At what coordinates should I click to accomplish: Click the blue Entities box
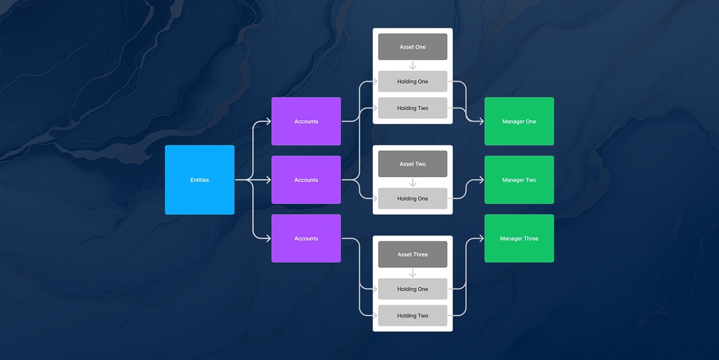(x=199, y=179)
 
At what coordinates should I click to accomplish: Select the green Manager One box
(x=519, y=121)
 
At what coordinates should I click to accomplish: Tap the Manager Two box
(x=519, y=179)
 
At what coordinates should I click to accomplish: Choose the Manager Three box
(x=519, y=238)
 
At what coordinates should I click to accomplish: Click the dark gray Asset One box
(x=412, y=47)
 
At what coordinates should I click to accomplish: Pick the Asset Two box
(x=412, y=164)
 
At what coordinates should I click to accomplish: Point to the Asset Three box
(x=412, y=254)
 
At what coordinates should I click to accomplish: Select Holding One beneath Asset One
(x=412, y=82)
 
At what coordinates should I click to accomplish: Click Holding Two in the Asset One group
(x=412, y=108)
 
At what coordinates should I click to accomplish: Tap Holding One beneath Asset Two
(x=412, y=199)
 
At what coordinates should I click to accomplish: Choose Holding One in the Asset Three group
(x=412, y=289)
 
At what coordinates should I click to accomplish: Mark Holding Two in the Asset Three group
(x=412, y=316)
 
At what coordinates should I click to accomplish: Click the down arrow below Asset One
(x=412, y=65)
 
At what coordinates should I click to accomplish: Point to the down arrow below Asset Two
(x=412, y=182)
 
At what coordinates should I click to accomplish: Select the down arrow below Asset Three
(x=412, y=273)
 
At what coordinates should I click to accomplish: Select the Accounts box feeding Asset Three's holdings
(x=306, y=238)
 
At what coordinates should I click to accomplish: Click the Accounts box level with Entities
(x=306, y=179)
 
